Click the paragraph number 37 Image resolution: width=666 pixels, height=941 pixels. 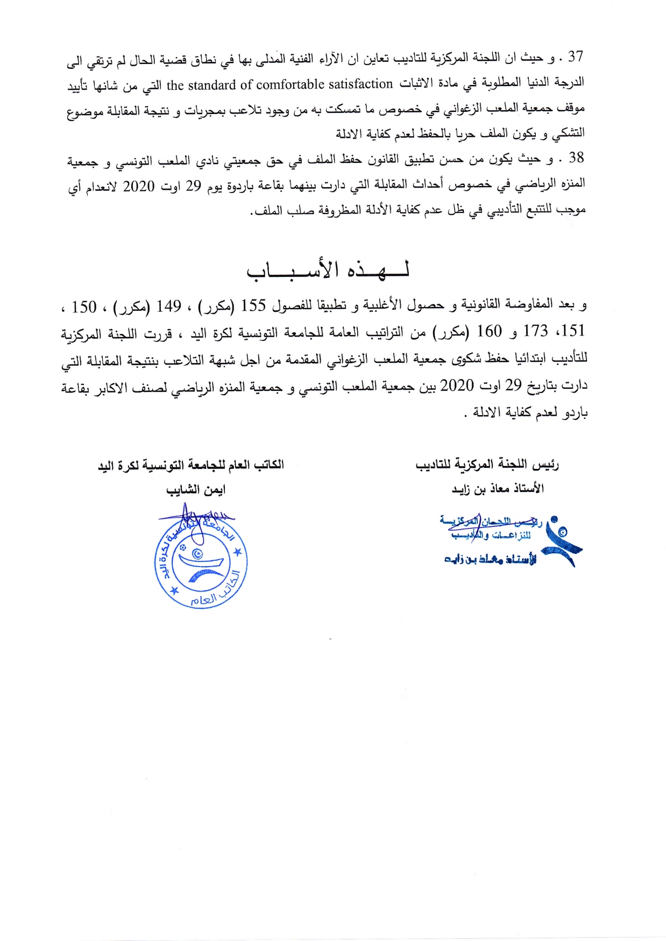[x=575, y=56]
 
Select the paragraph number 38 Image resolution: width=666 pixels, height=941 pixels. [x=576, y=158]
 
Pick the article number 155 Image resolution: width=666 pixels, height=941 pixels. [x=253, y=305]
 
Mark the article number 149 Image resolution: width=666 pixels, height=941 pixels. [x=168, y=306]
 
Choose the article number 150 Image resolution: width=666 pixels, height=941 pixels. [x=84, y=307]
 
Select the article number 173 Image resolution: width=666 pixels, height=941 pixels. [x=535, y=331]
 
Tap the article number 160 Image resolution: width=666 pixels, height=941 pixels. [x=489, y=331]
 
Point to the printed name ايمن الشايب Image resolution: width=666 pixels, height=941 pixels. [x=195, y=490]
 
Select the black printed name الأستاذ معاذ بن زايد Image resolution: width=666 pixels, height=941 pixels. [x=498, y=488]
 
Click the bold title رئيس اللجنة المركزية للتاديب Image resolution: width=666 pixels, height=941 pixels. [x=487, y=464]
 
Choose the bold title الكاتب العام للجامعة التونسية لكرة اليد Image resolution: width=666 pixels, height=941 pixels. [x=191, y=465]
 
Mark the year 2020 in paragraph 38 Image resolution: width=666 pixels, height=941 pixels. [x=139, y=187]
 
